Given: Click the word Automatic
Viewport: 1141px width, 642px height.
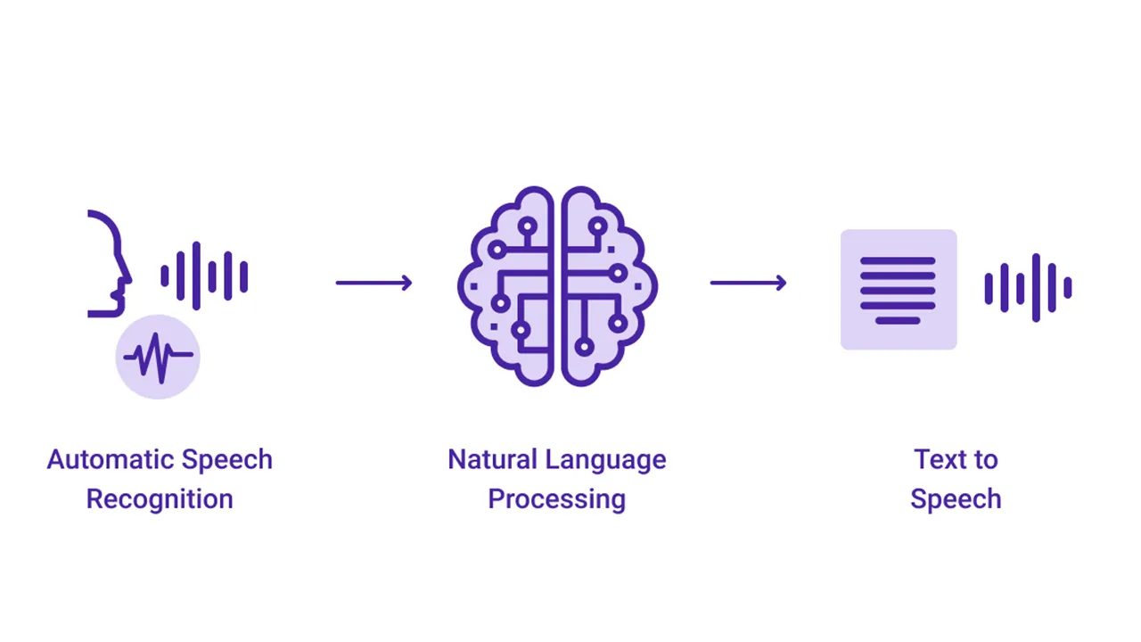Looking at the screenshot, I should pos(99,460).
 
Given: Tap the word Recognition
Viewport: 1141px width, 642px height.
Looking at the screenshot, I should pos(160,499).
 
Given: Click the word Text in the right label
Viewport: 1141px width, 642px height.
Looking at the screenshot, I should pos(937,460).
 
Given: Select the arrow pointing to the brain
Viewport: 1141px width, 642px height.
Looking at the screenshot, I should pos(374,284).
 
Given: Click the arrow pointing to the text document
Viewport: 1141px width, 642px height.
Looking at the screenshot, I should pos(749,284).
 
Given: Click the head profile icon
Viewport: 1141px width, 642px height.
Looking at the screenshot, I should pos(109,263).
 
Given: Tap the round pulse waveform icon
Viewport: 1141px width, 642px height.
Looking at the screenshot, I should pos(158,357).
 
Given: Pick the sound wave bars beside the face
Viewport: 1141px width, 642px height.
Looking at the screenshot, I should pos(204,276).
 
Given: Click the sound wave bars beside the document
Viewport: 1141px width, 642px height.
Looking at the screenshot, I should pos(1028,288).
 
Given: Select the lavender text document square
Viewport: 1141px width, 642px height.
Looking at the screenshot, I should pos(899,290).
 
